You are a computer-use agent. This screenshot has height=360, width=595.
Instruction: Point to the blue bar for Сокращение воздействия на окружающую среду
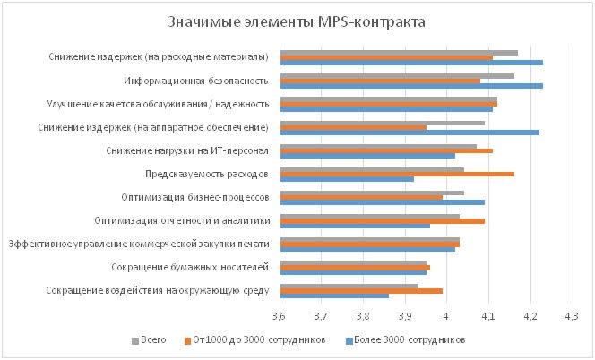pos(334,296)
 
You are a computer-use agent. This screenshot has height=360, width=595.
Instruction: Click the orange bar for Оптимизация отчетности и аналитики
pos(383,220)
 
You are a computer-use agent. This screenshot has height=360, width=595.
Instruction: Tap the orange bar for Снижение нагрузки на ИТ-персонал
pos(386,150)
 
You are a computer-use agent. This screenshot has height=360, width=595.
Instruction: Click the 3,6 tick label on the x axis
pos(280,316)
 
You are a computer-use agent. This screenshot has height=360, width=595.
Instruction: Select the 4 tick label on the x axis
pos(446,316)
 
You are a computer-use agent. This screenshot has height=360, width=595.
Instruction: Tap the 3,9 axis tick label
pos(404,316)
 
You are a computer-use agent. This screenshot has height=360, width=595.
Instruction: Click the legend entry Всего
pos(154,340)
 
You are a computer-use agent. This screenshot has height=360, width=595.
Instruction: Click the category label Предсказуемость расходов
pos(206,174)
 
